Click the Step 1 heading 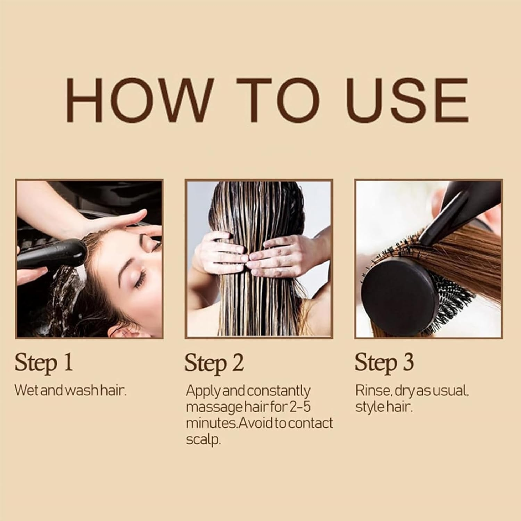point(44,363)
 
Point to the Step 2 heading point(214,363)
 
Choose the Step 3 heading point(384,363)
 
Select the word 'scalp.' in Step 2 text point(203,440)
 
